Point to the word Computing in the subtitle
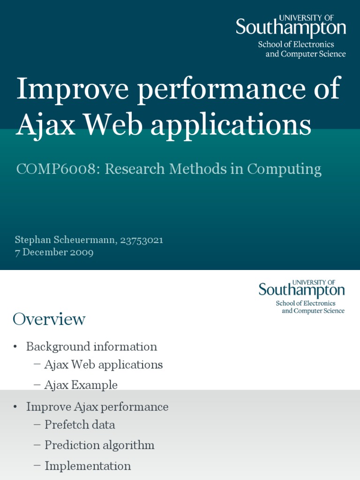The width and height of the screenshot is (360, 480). [x=284, y=169]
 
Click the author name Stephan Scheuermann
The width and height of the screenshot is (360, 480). [x=65, y=240]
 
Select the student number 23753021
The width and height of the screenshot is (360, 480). [x=142, y=240]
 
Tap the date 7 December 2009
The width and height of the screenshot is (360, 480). [x=54, y=252]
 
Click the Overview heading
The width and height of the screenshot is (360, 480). [x=49, y=319]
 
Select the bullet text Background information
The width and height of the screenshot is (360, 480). [x=91, y=347]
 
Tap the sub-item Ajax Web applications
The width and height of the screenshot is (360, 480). [x=103, y=365]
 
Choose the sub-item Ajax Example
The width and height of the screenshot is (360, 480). [x=81, y=385]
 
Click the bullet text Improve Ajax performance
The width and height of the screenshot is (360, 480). [x=97, y=406]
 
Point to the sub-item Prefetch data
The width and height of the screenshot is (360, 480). [x=80, y=425]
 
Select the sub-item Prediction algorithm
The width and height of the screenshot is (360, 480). [x=99, y=445]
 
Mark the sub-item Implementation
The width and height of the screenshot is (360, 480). [x=88, y=466]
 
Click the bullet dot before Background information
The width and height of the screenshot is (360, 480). [x=15, y=347]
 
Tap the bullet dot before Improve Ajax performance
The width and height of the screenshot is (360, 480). [x=15, y=407]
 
